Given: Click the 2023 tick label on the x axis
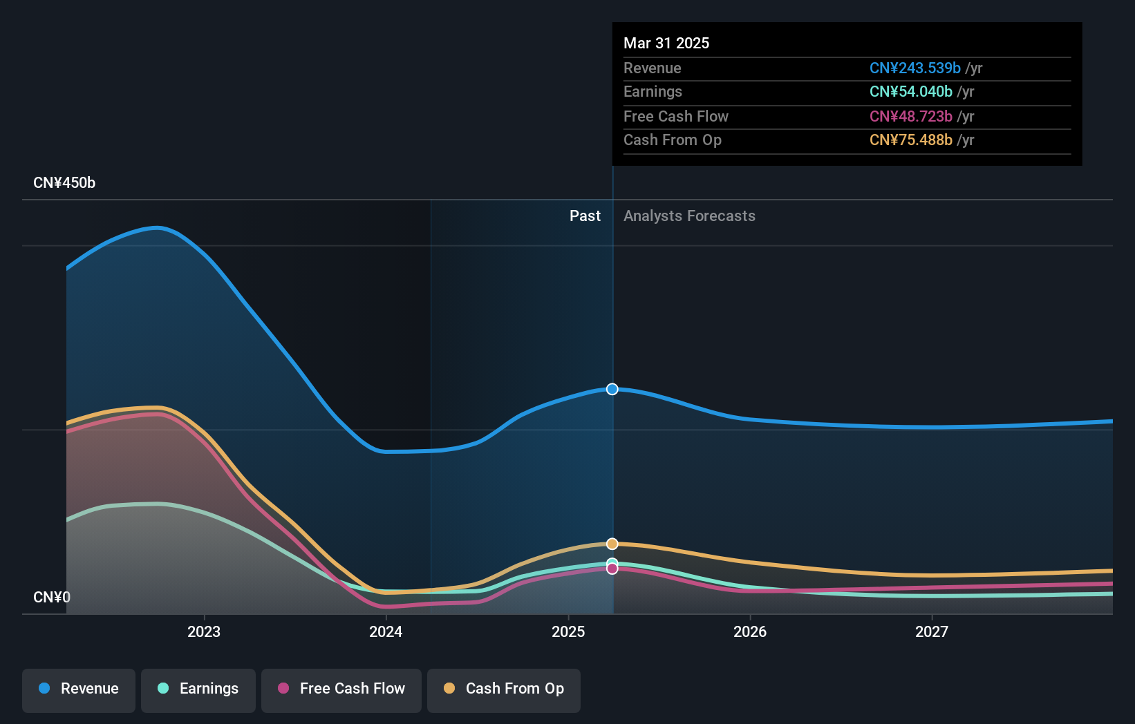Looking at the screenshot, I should [x=204, y=631].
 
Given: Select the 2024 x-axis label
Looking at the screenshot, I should [x=386, y=631].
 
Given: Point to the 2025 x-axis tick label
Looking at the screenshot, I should [x=568, y=631].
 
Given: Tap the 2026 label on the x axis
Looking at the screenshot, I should [x=750, y=631].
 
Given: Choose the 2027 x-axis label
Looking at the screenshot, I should [x=932, y=631].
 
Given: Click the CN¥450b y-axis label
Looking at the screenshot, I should [x=64, y=183].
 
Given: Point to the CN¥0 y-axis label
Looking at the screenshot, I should [x=52, y=597].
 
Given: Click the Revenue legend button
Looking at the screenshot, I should [x=79, y=689].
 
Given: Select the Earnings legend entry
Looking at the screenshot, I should [x=198, y=689].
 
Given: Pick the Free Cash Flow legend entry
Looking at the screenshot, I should [x=341, y=689].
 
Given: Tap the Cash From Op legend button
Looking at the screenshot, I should [x=504, y=689].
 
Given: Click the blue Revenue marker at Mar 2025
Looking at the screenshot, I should [x=612, y=389].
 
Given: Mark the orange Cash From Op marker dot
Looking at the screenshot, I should [x=612, y=544].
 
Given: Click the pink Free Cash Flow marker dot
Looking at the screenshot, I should [x=612, y=569].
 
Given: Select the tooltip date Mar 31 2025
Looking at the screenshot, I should [x=666, y=43].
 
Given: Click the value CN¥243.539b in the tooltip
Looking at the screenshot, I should [x=914, y=68].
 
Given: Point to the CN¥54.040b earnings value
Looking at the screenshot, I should [x=910, y=92].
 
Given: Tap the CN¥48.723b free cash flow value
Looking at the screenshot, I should [x=910, y=116].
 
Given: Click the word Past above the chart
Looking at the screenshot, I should [x=585, y=216].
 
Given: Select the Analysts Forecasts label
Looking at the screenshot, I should [x=689, y=216].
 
